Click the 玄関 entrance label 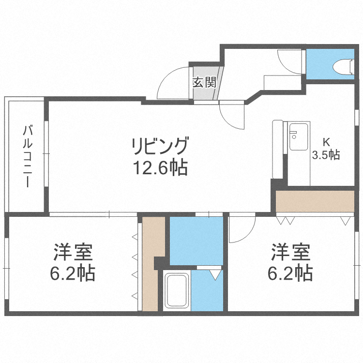click(x=204, y=82)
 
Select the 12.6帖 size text click(x=159, y=167)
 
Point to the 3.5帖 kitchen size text click(x=326, y=155)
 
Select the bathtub click(x=177, y=290)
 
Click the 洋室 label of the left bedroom click(x=73, y=253)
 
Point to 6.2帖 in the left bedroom click(x=73, y=274)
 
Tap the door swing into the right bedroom click(x=242, y=230)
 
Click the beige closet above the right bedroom click(x=315, y=202)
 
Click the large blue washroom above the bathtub click(x=196, y=241)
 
